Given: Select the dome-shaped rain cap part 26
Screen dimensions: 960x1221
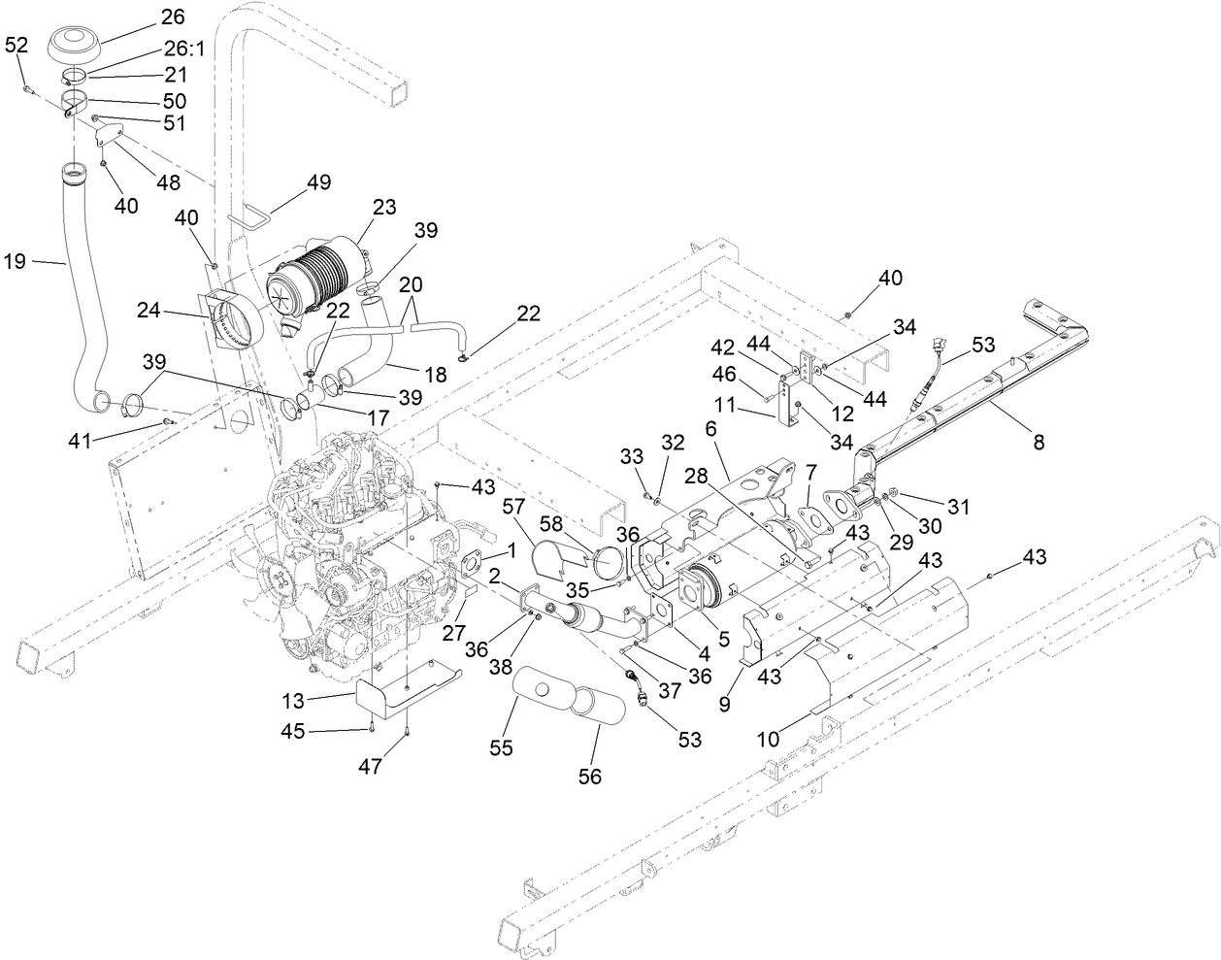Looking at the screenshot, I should click(x=79, y=42).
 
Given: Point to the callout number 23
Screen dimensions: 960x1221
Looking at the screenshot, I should click(x=384, y=207).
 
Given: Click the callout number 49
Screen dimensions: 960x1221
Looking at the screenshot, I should click(x=319, y=182).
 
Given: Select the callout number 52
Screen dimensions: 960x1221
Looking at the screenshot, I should click(x=16, y=45).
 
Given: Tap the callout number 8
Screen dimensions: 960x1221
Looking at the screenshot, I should click(x=1039, y=442).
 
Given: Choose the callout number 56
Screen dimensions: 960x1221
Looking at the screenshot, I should click(x=590, y=776).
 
